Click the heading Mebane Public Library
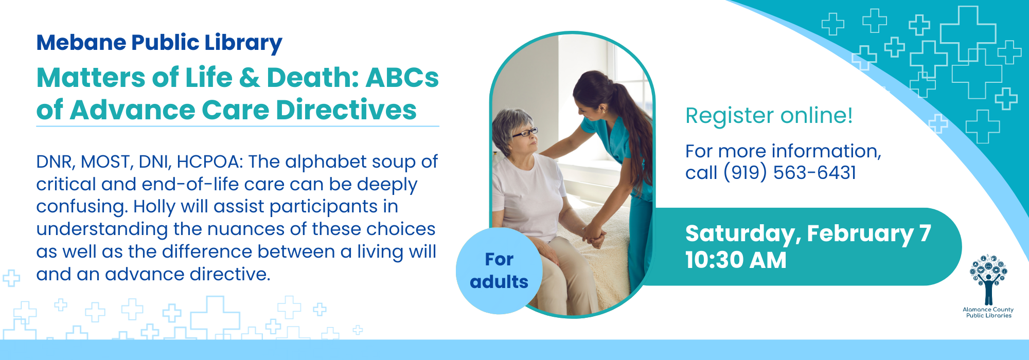(159, 43)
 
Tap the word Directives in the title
(346, 110)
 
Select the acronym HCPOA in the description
(209, 162)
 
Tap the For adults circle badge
(499, 271)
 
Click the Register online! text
(769, 116)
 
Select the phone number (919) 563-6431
(790, 173)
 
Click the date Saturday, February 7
(808, 234)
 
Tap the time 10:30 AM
(736, 260)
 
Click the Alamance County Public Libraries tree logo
(988, 280)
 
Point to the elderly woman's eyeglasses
(524, 133)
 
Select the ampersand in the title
(249, 78)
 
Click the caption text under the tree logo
(988, 313)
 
